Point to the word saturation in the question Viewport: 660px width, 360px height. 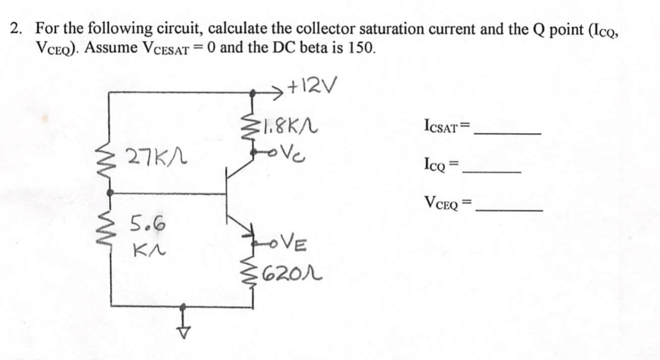pyautogui.click(x=398, y=29)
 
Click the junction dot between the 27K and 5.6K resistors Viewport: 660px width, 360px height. pyautogui.click(x=111, y=193)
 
